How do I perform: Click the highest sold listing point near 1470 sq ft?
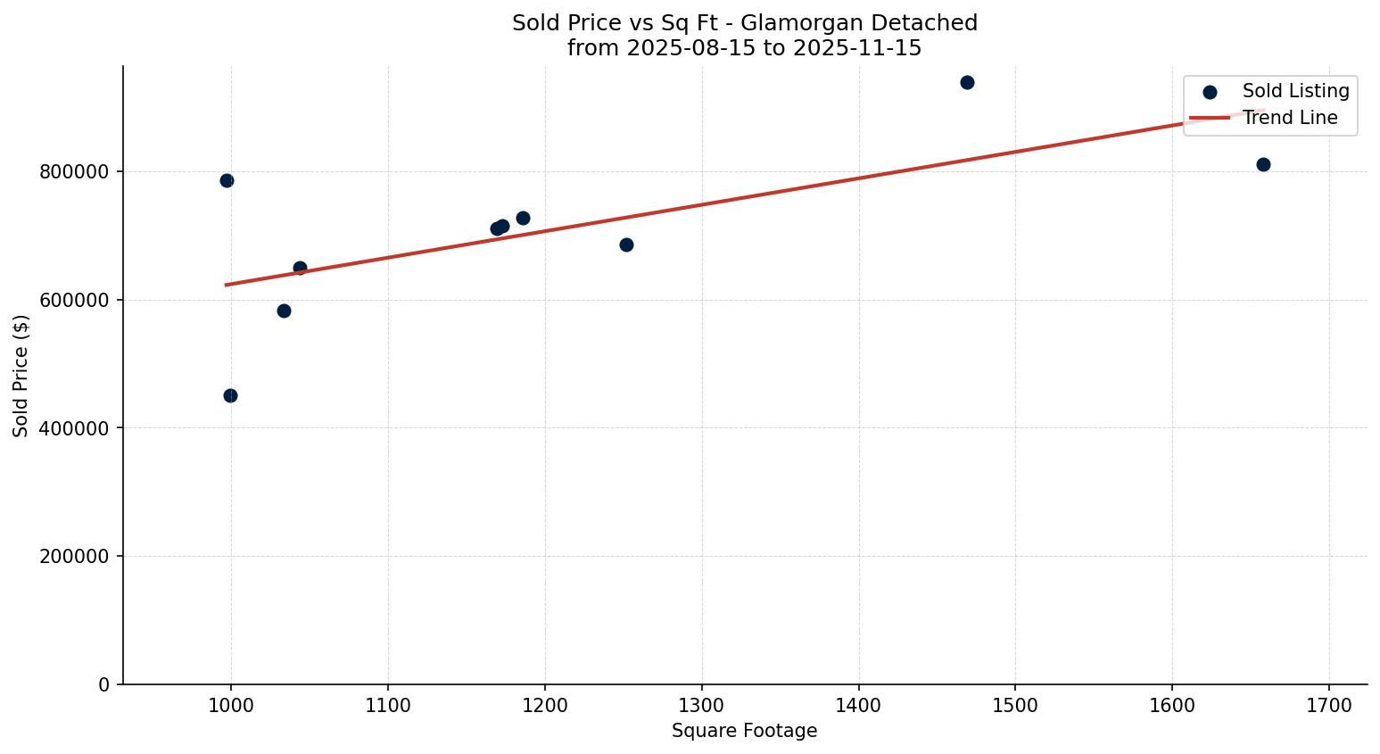click(967, 82)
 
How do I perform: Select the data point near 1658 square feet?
click(1263, 164)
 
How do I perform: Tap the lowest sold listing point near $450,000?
click(230, 395)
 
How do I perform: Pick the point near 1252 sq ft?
click(626, 244)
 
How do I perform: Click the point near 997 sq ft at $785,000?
click(227, 180)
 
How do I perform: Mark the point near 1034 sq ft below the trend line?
click(284, 311)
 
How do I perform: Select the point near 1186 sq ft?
click(523, 218)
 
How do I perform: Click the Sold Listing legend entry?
click(1295, 91)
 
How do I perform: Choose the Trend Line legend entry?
click(1289, 118)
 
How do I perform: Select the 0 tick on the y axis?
click(104, 684)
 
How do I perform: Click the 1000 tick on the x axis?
click(231, 705)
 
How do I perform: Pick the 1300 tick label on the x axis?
click(702, 705)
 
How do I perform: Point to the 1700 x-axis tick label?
click(1329, 705)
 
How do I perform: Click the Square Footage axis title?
click(744, 731)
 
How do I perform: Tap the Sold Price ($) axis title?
click(21, 376)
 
